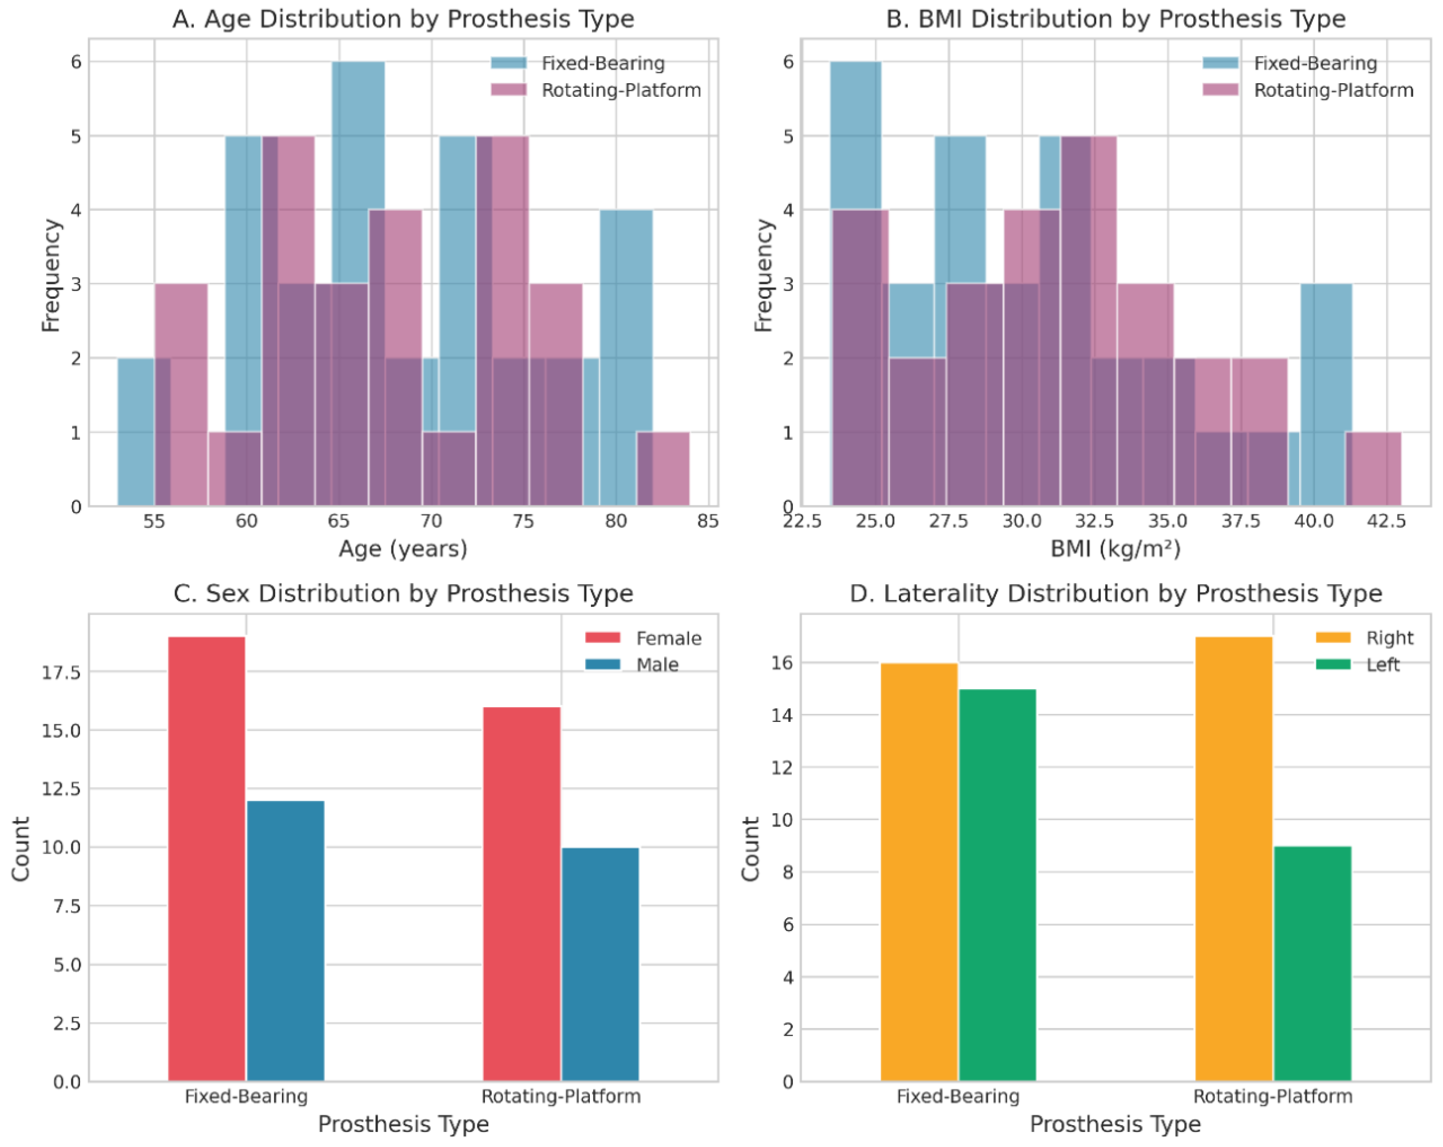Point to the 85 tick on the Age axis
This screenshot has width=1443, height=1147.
[x=708, y=521]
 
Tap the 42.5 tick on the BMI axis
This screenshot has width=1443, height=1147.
[x=1386, y=521]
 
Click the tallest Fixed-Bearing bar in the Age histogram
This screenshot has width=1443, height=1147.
[x=358, y=167]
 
